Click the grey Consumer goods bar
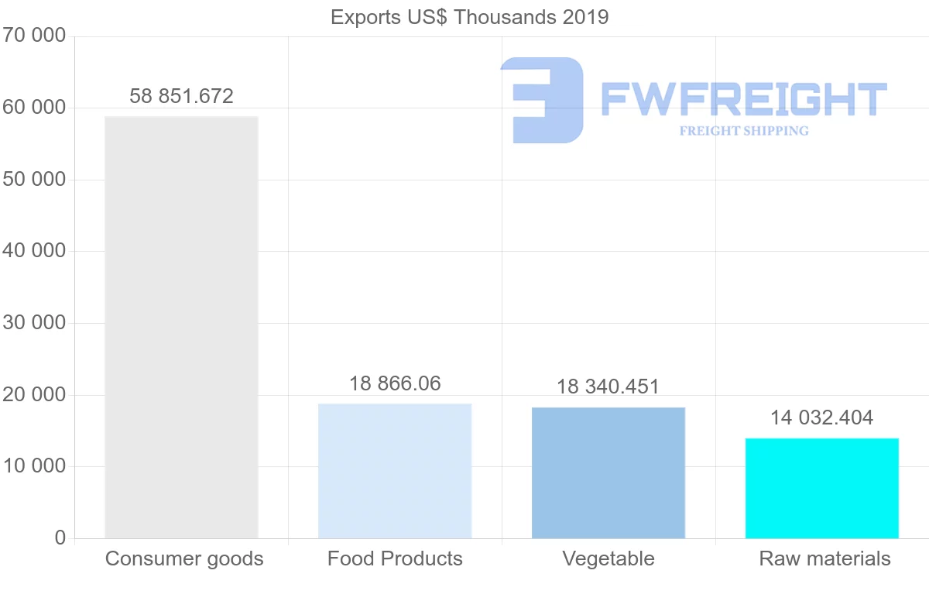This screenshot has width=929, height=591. pyautogui.click(x=181, y=327)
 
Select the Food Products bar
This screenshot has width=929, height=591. pyautogui.click(x=395, y=471)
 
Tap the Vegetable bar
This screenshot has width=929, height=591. pyautogui.click(x=608, y=472)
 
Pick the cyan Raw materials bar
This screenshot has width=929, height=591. pyautogui.click(x=822, y=488)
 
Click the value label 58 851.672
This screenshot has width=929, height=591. pyautogui.click(x=181, y=96)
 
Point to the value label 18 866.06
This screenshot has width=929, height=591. pyautogui.click(x=395, y=383)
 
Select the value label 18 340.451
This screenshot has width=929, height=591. pyautogui.click(x=608, y=387)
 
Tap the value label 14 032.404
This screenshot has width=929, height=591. pyautogui.click(x=821, y=418)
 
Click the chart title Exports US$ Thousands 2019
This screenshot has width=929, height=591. pyautogui.click(x=470, y=17)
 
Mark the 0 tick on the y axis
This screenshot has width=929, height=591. pyautogui.click(x=60, y=538)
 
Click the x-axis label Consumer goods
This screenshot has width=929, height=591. pyautogui.click(x=184, y=558)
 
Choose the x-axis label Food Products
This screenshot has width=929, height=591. pyautogui.click(x=395, y=558)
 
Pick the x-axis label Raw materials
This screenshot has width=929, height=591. pyautogui.click(x=824, y=558)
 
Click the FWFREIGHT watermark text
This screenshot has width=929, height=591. pyautogui.click(x=743, y=99)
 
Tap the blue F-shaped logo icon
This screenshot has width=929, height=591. pyautogui.click(x=542, y=100)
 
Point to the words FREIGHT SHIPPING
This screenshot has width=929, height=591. pyautogui.click(x=744, y=131)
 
